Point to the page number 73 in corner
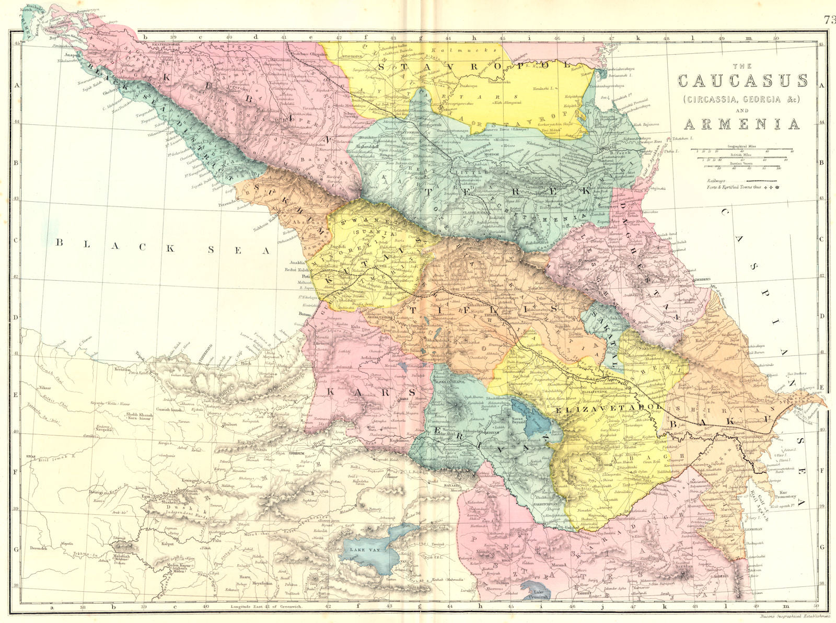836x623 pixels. (x=829, y=20)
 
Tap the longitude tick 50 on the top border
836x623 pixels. (x=776, y=38)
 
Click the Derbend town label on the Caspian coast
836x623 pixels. (x=702, y=280)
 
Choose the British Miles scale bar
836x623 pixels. (x=741, y=158)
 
